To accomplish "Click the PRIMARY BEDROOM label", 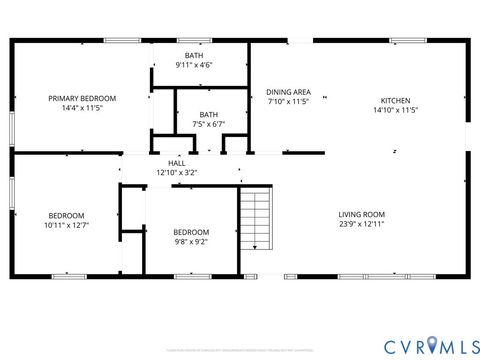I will (x=83, y=98).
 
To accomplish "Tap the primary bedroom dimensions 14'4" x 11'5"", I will (x=83, y=108).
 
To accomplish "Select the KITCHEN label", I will (x=395, y=100).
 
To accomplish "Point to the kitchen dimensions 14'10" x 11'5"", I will (x=395, y=110).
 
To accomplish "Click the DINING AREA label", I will (x=288, y=92).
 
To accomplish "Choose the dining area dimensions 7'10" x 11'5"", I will (x=288, y=102).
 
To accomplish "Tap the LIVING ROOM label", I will (x=361, y=214).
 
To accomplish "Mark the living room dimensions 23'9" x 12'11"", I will (x=361, y=224).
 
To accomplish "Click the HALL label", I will (x=177, y=163).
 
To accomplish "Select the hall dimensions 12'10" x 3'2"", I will (x=177, y=173).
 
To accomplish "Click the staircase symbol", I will (x=256, y=220).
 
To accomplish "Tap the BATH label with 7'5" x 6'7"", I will (x=208, y=115).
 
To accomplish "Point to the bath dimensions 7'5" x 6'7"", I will (x=208, y=125).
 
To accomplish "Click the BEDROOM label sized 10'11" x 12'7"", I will (x=67, y=215).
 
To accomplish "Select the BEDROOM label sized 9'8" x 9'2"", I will (x=191, y=232).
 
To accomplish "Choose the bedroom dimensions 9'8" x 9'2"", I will (x=191, y=242).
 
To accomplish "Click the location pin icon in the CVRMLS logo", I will (x=431, y=345).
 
